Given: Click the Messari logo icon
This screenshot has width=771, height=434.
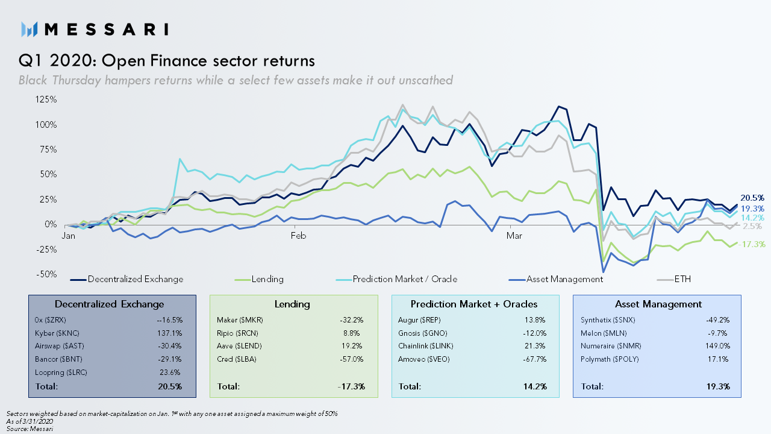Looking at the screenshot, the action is [x=29, y=30].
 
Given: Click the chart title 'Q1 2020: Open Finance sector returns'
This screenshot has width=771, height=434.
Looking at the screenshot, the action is [x=167, y=61].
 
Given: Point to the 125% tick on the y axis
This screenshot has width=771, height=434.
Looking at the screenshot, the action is [x=46, y=99].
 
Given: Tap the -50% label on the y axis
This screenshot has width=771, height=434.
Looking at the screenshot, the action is [x=46, y=274].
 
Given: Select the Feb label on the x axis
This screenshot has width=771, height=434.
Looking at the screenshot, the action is [x=298, y=236].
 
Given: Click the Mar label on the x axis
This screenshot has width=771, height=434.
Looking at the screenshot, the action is [x=514, y=236].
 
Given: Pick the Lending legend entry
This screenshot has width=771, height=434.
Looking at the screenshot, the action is [x=259, y=279].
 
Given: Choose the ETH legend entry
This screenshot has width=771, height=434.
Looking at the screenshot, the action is [x=673, y=279].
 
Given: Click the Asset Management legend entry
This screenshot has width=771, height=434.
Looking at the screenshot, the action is [x=555, y=279].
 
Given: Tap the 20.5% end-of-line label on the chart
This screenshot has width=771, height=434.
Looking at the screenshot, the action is [x=752, y=198].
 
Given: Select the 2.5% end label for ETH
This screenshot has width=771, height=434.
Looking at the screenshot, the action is [x=752, y=226].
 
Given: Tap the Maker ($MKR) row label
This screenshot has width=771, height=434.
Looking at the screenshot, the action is [x=240, y=320].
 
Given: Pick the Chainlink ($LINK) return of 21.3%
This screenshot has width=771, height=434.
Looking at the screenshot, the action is [x=535, y=346].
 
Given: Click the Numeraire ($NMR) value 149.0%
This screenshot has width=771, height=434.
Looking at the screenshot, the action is [x=717, y=346].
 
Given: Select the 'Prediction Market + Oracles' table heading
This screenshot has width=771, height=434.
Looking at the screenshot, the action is [x=474, y=304].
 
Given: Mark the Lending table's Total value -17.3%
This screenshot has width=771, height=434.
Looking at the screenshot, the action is [x=351, y=386].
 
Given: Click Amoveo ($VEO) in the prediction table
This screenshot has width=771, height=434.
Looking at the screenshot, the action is [x=423, y=359].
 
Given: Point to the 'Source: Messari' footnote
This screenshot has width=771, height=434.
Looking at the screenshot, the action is [x=30, y=429].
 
